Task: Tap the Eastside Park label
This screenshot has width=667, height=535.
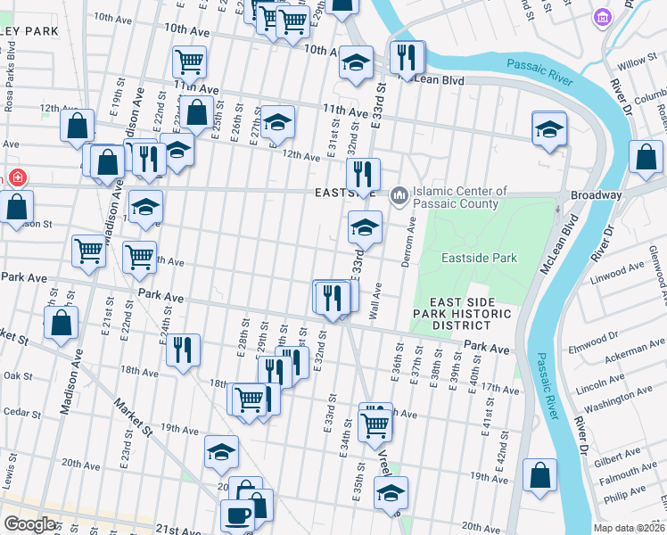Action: click(x=479, y=259)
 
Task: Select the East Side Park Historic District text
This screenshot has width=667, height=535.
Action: click(x=462, y=314)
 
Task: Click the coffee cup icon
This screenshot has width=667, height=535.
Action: click(x=238, y=516)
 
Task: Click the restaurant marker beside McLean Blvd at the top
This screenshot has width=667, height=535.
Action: click(x=407, y=58)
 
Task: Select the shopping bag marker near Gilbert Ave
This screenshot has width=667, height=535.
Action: click(x=539, y=475)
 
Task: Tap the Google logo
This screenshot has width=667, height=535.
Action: click(x=30, y=524)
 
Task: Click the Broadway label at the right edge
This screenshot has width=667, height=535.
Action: click(x=596, y=195)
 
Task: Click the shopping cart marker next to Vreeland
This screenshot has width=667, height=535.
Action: click(x=375, y=424)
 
